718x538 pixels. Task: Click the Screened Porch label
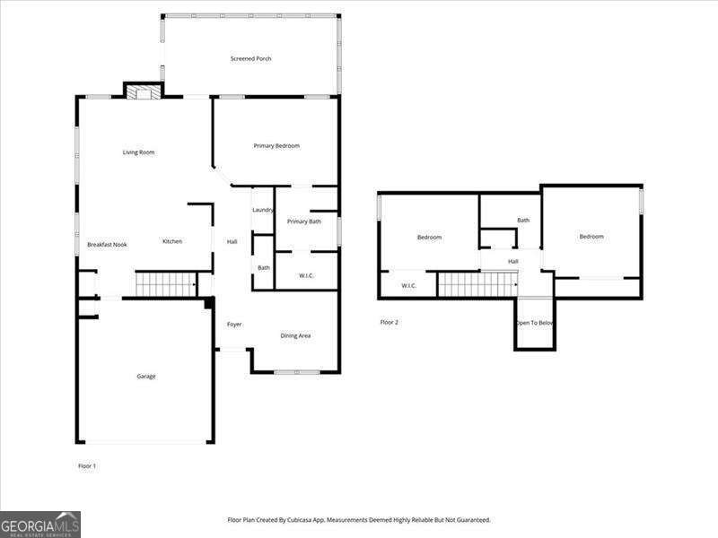[250, 59]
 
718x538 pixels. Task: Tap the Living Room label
[139, 152]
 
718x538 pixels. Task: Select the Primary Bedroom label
[276, 146]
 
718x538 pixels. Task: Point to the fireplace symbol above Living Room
[142, 91]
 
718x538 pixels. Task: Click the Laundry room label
[263, 211]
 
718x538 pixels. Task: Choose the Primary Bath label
[304, 221]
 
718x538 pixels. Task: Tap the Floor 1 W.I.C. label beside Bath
[306, 275]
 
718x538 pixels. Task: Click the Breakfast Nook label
[107, 245]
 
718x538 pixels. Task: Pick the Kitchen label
[172, 241]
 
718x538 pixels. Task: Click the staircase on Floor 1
[165, 286]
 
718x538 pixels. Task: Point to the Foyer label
[234, 325]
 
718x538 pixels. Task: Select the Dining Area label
[295, 336]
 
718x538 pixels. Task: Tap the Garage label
[146, 377]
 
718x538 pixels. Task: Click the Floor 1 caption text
[87, 466]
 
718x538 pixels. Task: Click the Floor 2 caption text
[389, 322]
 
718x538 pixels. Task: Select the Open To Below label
[535, 323]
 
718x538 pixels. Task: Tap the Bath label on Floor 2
[523, 221]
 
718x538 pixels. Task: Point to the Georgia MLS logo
[40, 524]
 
